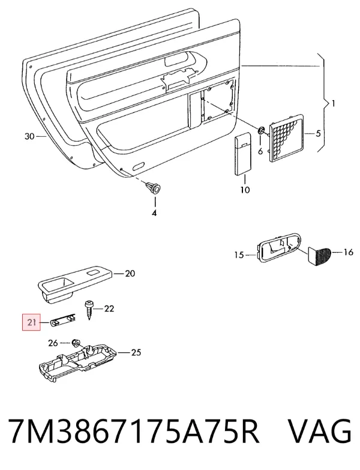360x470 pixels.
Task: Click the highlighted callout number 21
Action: pyautogui.click(x=31, y=322)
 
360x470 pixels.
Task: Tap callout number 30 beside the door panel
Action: pyautogui.click(x=29, y=137)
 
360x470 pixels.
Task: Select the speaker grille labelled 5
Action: pyautogui.click(x=287, y=138)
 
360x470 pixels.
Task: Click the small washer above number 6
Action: pyautogui.click(x=261, y=130)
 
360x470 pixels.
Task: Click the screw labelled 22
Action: pyautogui.click(x=89, y=309)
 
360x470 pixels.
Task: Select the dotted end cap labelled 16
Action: pyautogui.click(x=319, y=255)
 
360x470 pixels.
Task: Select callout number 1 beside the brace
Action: pyautogui.click(x=332, y=104)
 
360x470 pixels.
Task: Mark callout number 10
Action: pyautogui.click(x=245, y=190)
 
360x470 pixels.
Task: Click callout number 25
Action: pyautogui.click(x=136, y=352)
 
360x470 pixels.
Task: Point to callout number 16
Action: pyautogui.click(x=348, y=252)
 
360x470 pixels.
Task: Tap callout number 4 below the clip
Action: pyautogui.click(x=154, y=214)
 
